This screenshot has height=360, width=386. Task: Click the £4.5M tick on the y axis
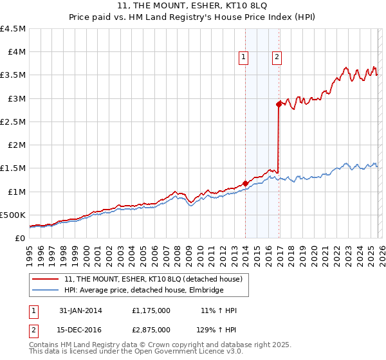[x=14, y=29]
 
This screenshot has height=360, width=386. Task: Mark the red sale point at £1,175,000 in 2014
[x=245, y=183]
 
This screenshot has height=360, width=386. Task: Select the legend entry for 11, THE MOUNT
[x=153, y=279]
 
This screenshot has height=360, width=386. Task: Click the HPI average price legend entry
[x=143, y=291]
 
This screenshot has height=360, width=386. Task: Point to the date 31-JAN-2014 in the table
[x=80, y=310]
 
